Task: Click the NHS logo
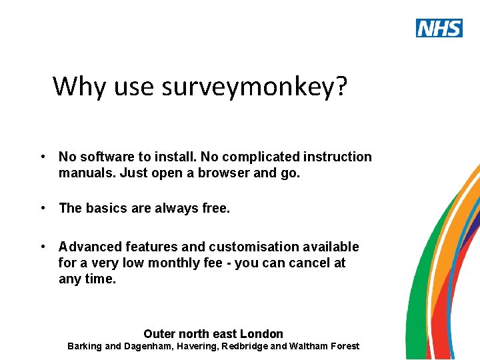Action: [x=439, y=28]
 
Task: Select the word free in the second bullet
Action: [x=215, y=208]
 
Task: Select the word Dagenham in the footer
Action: [x=148, y=346]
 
